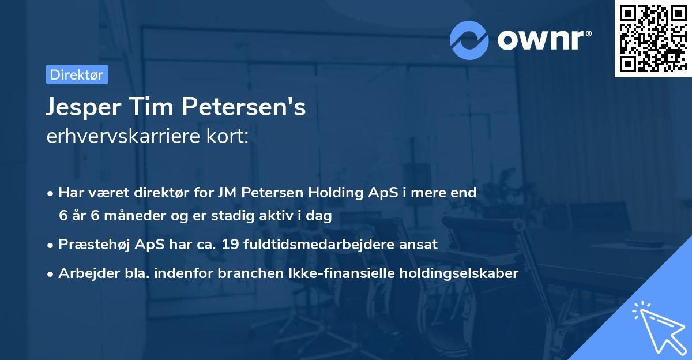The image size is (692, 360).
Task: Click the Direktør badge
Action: [x=77, y=74]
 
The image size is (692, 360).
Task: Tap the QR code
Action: [x=650, y=38]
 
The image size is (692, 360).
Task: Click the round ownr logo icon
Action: [x=469, y=40]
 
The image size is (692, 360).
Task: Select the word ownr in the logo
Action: [x=543, y=40]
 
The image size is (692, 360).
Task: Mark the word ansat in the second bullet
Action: [x=420, y=245]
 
